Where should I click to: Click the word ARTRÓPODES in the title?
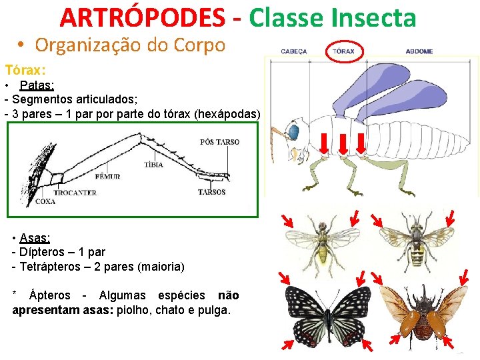(x=142, y=18)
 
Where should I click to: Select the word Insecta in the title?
(x=376, y=18)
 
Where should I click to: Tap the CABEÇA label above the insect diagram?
(x=294, y=51)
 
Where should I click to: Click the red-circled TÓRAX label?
(x=343, y=51)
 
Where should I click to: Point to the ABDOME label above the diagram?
(x=419, y=51)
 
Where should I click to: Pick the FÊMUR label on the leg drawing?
(x=107, y=177)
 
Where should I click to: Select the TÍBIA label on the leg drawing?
(x=153, y=165)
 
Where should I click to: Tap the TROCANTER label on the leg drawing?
(x=75, y=193)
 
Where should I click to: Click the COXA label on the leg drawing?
(x=45, y=201)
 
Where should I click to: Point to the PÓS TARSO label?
(x=219, y=142)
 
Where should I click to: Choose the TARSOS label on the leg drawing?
(x=211, y=192)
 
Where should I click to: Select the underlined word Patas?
(x=37, y=85)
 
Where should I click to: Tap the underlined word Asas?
(x=35, y=238)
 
